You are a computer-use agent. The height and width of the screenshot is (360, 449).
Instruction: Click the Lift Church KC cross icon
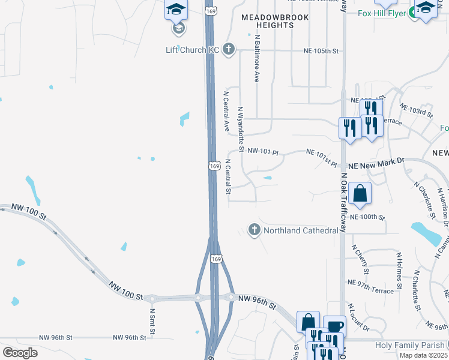pyautogui.click(x=228, y=49)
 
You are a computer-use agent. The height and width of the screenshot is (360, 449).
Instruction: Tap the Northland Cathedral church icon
pyautogui.click(x=255, y=230)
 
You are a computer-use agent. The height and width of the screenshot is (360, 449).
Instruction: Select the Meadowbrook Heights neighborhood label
pyautogui.click(x=275, y=22)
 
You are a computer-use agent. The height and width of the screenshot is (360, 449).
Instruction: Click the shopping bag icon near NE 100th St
pyautogui.click(x=360, y=193)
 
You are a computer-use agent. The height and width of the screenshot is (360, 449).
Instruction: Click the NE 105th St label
pyautogui.click(x=321, y=52)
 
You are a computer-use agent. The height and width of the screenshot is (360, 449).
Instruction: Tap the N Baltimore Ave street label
pyautogui.click(x=256, y=58)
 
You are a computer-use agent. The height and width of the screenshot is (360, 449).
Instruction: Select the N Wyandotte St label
pyautogui.click(x=241, y=129)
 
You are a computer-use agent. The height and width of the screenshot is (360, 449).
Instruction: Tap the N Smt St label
pyautogui.click(x=152, y=321)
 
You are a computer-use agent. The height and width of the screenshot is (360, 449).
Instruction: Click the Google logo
pyautogui.click(x=20, y=352)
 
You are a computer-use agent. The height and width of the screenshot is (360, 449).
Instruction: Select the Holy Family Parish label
pyautogui.click(x=410, y=345)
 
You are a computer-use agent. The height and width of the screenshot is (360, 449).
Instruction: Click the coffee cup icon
pyautogui.click(x=335, y=326)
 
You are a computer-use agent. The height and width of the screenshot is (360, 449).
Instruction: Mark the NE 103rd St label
pyautogui.click(x=417, y=110)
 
